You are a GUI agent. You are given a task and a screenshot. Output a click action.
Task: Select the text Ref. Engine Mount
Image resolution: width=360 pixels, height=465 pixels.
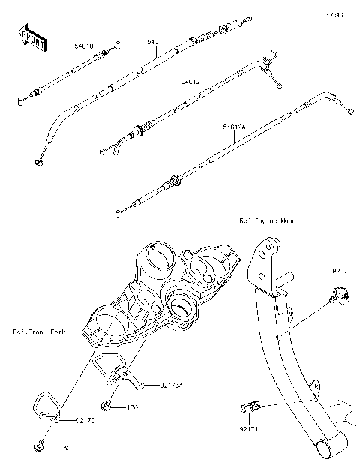(268, 222)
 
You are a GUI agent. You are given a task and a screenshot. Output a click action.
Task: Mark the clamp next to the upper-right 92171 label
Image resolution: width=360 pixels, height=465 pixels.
(339, 298)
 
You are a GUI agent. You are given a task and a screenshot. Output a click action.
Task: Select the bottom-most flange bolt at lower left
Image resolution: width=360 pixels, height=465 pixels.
(37, 448)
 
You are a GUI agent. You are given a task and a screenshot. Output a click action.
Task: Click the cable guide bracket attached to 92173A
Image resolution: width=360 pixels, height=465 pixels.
(112, 369)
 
